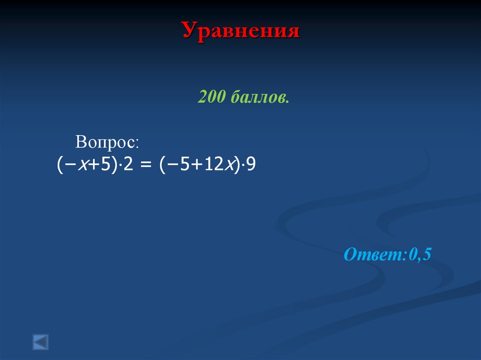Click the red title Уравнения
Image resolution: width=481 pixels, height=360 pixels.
[240, 31]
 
